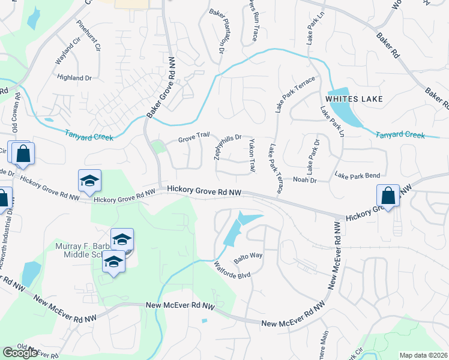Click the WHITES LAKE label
354,98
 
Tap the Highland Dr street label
74,77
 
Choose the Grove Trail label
193,140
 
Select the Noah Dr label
304,179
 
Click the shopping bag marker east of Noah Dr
388,196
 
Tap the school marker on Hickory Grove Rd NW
89,181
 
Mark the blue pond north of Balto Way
240,226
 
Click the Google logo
20,353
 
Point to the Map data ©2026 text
423,355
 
